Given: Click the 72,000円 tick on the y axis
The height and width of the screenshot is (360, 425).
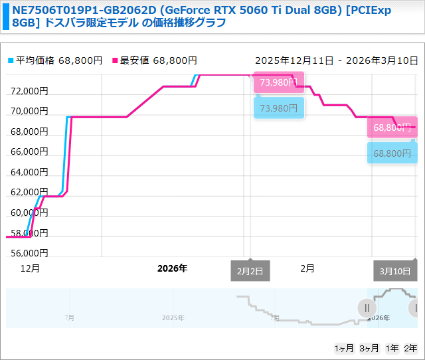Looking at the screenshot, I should (x=29, y=91).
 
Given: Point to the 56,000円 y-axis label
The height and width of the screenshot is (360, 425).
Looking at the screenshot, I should (x=29, y=253).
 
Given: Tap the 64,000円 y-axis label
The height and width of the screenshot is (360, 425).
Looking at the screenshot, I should (x=29, y=172).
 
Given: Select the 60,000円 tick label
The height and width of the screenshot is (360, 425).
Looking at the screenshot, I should (x=29, y=213).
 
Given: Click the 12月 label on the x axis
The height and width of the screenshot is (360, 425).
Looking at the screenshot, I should (x=30, y=268).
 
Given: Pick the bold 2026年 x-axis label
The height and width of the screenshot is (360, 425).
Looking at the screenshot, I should (x=172, y=268).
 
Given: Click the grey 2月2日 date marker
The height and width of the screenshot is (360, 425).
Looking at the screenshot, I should (x=250, y=271).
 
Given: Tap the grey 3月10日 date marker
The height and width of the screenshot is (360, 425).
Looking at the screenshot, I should (x=394, y=271).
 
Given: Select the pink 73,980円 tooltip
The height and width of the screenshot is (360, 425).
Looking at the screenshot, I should (x=278, y=82).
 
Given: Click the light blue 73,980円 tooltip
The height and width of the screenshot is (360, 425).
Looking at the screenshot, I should (x=278, y=108).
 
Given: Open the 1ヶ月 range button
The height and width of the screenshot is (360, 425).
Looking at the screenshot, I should (x=344, y=348).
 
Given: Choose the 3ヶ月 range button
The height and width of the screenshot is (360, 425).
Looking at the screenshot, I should (x=369, y=348).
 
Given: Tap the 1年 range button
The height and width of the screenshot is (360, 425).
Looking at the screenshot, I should (x=392, y=348).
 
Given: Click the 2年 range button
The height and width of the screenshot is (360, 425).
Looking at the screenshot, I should (x=410, y=348).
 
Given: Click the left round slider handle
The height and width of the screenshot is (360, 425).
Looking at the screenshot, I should (x=367, y=308).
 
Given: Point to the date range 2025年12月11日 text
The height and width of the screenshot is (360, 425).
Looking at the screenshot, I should (x=294, y=60).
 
